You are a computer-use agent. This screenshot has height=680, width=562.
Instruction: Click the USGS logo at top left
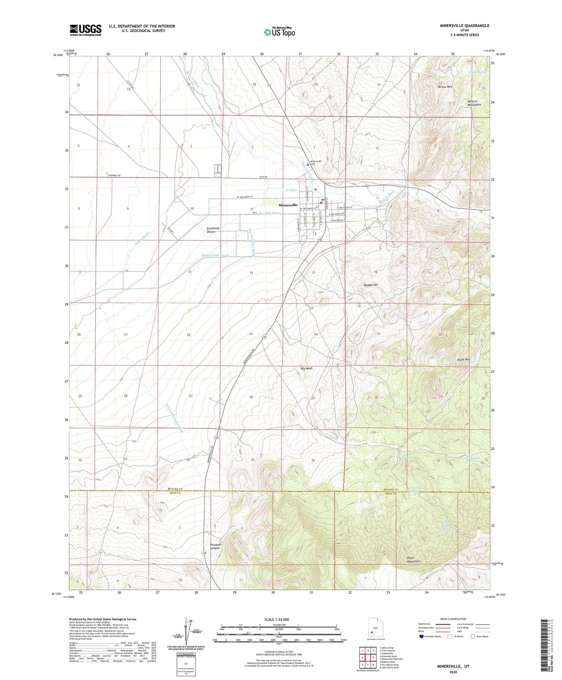tap(85, 30)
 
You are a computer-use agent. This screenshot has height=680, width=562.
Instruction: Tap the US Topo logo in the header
tap(280, 32)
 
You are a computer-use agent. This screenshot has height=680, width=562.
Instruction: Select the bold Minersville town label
tap(288, 205)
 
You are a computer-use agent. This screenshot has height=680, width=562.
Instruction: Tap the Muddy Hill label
tap(371, 285)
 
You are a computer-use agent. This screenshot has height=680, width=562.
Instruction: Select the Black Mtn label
tap(463, 359)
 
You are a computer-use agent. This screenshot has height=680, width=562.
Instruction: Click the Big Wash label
tap(306, 368)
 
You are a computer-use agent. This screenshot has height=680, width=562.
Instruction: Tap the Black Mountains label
tap(414, 560)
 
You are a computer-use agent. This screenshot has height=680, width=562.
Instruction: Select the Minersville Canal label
tap(215, 255)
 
